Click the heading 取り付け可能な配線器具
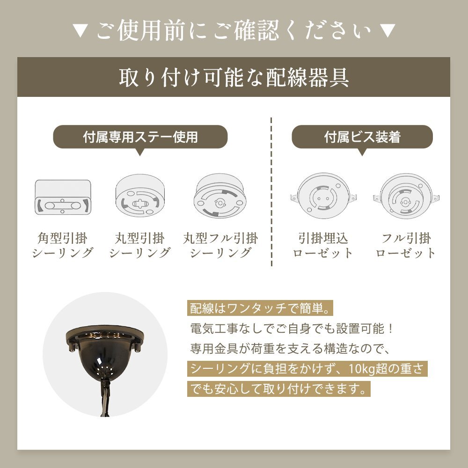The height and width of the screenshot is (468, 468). [234, 78]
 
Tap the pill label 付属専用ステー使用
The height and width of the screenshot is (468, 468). [140, 137]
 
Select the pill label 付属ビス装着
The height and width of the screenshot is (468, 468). [362, 137]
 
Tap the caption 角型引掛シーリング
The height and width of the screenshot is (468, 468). [63, 246]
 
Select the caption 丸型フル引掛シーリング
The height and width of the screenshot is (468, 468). [220, 246]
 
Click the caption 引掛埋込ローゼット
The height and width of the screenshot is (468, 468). [323, 246]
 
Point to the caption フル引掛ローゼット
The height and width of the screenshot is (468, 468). [406, 246]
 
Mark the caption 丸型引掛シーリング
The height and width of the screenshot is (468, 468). [140, 246]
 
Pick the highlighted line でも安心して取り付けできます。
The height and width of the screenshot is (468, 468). [278, 389]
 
